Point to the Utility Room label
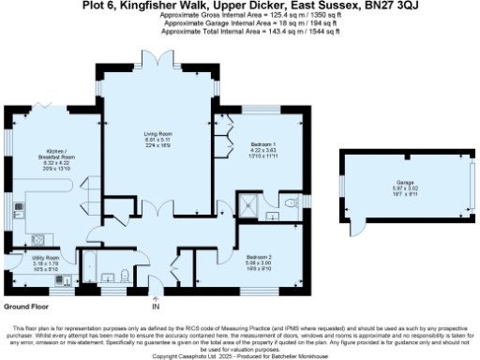pos(46,257)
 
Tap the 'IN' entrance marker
pos(156,306)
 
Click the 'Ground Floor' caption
pos(27,306)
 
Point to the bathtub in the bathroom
pos(112,277)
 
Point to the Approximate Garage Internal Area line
pos(239,23)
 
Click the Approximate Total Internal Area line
pos(239,31)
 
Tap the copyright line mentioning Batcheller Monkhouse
pos(239,356)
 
